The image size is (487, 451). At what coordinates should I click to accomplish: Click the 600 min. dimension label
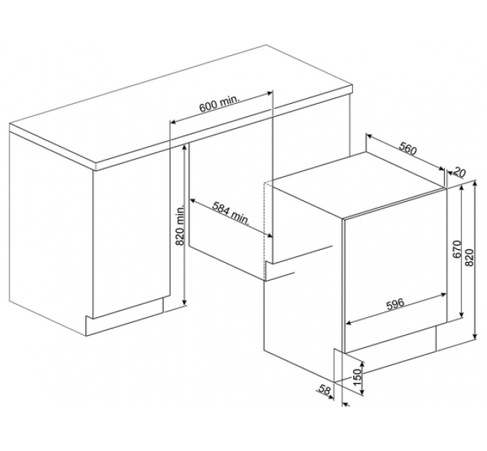point(219,104)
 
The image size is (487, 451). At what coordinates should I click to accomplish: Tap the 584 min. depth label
point(231,213)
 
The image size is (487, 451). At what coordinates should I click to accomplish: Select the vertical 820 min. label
point(180,224)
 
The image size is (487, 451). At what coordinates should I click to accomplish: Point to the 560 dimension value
point(408,148)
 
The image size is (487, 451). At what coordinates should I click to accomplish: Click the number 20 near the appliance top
point(459,172)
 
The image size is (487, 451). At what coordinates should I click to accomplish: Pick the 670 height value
point(457,249)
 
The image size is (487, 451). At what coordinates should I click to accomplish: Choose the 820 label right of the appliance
point(470,257)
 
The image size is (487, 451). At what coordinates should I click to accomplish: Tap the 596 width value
point(395,304)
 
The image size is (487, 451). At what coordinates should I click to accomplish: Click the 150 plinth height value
point(358,377)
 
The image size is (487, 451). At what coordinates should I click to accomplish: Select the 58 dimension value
point(324,390)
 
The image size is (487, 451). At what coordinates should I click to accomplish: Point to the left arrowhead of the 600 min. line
point(173,122)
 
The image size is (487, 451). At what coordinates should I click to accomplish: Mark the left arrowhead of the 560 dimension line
point(369,136)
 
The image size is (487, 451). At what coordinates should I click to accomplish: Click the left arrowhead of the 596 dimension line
point(349,323)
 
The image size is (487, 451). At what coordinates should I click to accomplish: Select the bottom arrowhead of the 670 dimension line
point(462,314)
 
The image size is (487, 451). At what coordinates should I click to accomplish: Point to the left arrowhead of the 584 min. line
point(193,200)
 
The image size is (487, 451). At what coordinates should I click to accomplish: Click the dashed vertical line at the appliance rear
point(264,231)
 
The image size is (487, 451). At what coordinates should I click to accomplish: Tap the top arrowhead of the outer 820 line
point(475,183)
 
